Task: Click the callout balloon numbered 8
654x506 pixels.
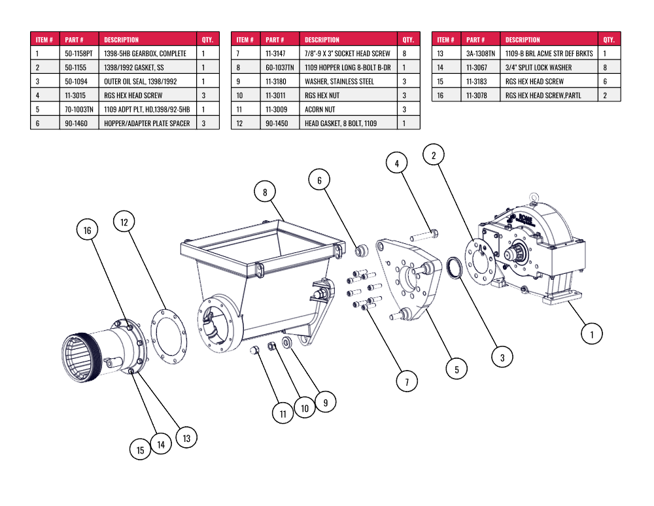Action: [265, 192]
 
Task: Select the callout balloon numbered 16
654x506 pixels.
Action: [87, 229]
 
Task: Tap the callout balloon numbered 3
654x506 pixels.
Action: [502, 357]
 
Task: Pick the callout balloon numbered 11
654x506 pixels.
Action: [283, 413]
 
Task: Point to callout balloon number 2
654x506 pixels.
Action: [434, 155]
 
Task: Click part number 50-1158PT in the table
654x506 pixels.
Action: [79, 54]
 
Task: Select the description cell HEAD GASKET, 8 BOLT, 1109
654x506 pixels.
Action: [341, 124]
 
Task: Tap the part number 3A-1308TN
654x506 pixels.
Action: [481, 54]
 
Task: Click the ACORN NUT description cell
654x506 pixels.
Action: [320, 109]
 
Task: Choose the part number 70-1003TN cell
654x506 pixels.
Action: [79, 109]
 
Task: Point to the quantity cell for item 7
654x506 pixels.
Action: [404, 54]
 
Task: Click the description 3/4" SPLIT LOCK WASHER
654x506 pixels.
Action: [538, 67]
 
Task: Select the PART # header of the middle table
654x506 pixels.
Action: [275, 40]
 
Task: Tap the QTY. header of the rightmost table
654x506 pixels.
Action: [609, 40]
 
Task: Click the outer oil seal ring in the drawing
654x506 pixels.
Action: [455, 268]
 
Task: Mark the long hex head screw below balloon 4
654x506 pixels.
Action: [424, 236]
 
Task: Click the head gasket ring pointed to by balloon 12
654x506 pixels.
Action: [168, 337]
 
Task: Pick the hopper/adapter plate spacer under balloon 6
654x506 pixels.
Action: [361, 250]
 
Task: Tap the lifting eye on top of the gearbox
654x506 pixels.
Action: [534, 197]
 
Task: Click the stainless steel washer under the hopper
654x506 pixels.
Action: [286, 343]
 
